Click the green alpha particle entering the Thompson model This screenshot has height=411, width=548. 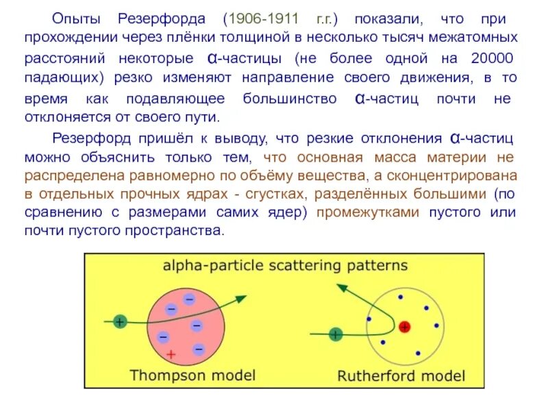[x=120, y=321]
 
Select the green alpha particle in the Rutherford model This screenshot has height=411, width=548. [x=335, y=334]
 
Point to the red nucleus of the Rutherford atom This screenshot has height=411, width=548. [x=404, y=327]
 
